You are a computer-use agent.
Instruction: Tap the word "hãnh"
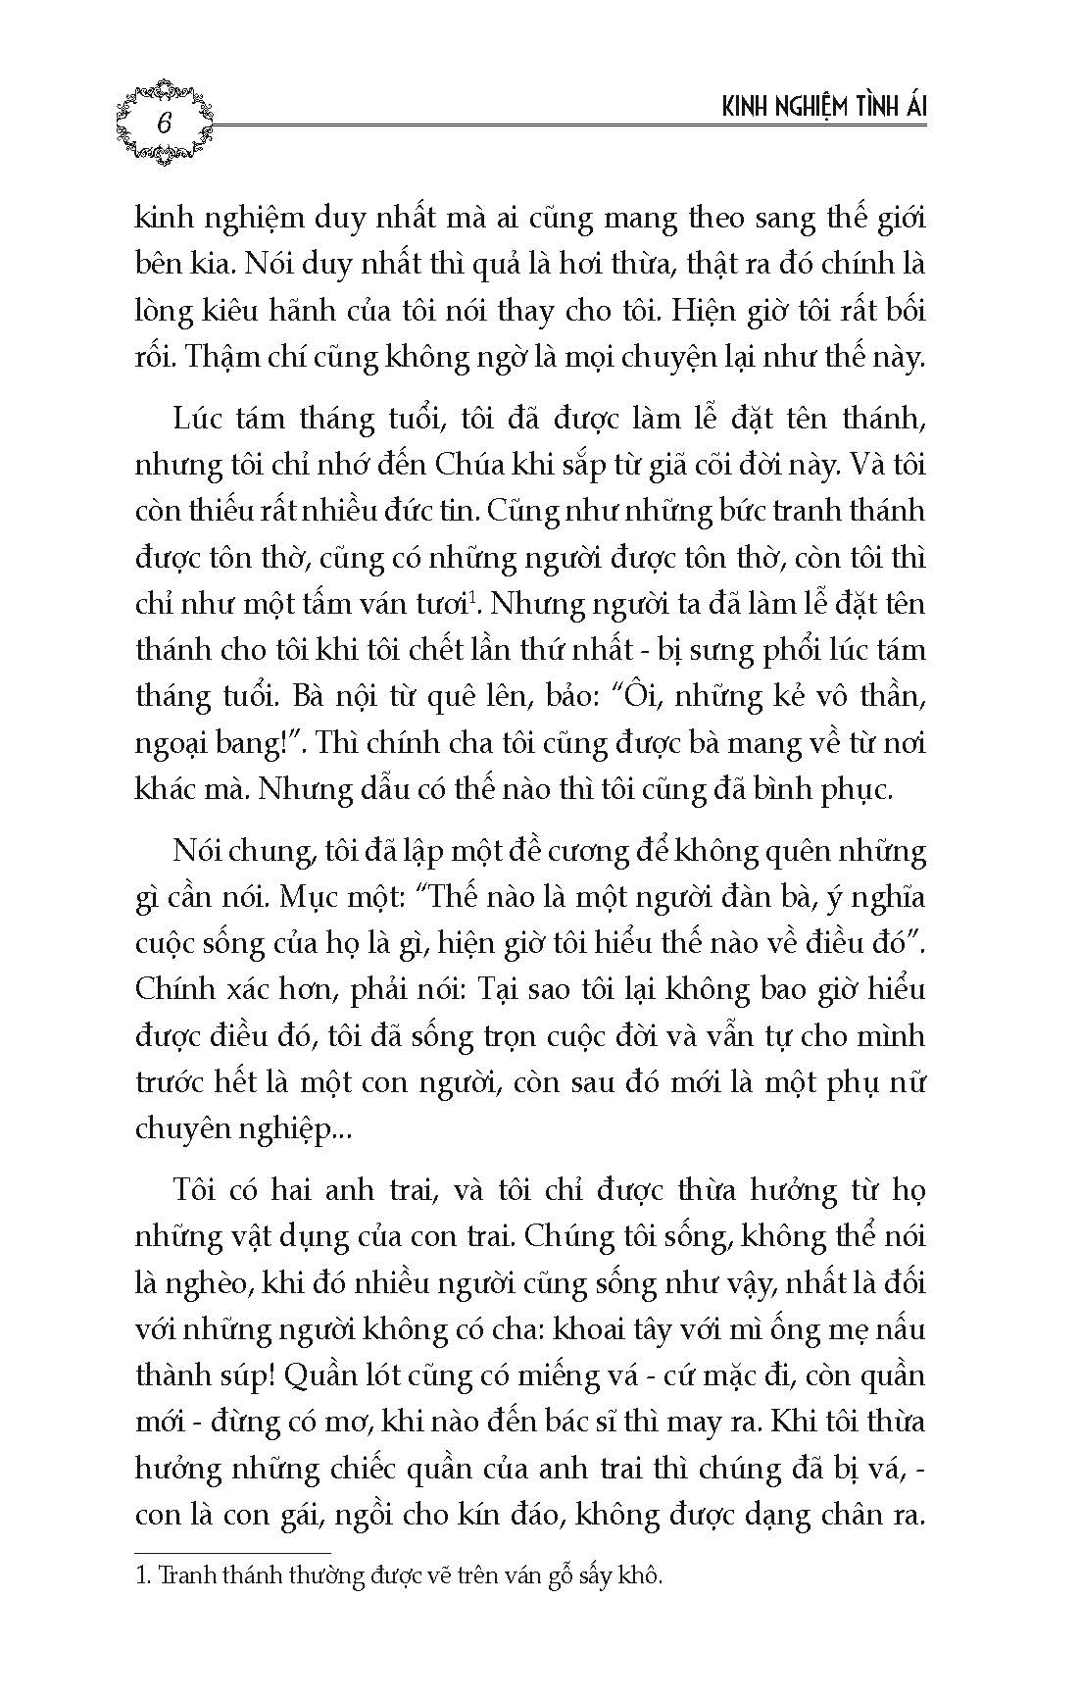[337, 311]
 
